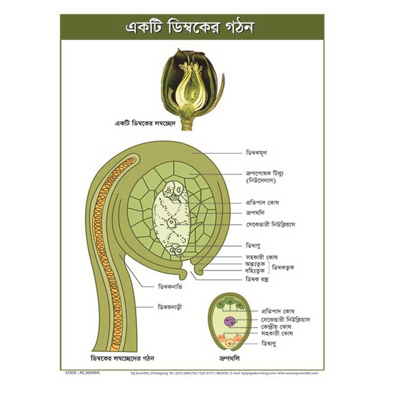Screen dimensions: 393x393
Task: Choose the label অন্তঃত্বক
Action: (255, 263)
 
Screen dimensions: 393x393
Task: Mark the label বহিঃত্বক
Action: (255, 270)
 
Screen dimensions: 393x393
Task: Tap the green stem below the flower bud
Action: (187, 123)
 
